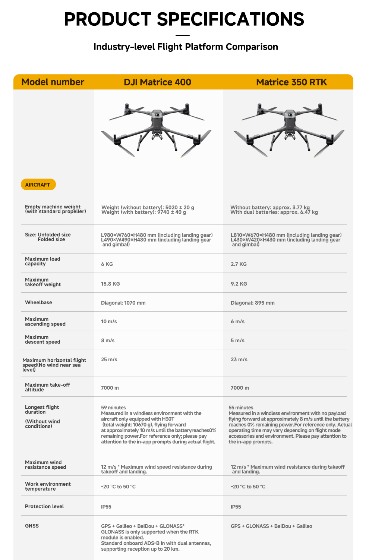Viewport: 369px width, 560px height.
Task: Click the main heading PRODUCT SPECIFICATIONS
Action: coord(184,19)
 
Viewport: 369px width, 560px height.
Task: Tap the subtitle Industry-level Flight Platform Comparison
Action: coord(186,47)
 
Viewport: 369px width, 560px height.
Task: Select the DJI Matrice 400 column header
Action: coord(157,82)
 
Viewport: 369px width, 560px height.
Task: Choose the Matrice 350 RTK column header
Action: coord(291,82)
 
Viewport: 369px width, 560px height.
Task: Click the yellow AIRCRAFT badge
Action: coord(38,185)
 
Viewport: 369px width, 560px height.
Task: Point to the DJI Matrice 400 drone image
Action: coord(157,130)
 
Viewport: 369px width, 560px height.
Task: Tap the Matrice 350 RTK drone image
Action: coord(289,130)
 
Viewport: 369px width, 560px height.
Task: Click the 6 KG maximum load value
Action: coord(107,264)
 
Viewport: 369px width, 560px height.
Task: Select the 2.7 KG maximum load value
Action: coord(239,264)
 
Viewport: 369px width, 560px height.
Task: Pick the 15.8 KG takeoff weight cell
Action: coord(110,284)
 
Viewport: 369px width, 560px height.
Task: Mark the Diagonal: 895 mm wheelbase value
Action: coord(252,303)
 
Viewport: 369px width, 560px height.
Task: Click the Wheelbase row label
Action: coord(38,302)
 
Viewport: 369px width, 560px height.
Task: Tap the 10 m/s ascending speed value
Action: coord(109,321)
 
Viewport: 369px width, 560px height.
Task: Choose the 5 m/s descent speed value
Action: coord(237,340)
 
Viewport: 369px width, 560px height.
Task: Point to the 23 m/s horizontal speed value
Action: coord(239,359)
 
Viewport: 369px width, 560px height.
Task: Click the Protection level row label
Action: coord(44,506)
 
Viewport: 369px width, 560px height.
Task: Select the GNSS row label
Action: coord(32,526)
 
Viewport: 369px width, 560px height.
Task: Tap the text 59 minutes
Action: coord(113,408)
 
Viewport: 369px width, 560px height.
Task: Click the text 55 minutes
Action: coord(241,408)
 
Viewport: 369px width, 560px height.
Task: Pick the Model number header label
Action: coord(53,82)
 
